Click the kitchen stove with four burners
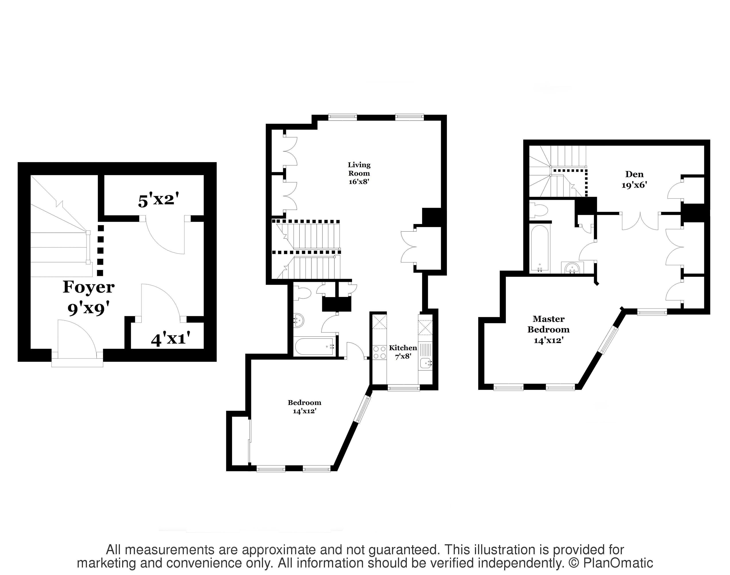pos(379,352)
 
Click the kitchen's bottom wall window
pos(403,388)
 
